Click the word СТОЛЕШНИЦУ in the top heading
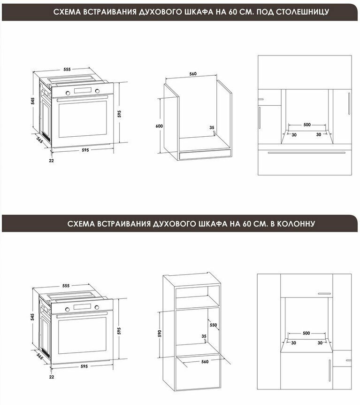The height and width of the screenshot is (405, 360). (303, 12)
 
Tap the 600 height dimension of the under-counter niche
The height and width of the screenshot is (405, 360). (159, 126)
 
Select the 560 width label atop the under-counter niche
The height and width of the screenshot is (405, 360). (193, 74)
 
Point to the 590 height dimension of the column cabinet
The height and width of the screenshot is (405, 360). (160, 334)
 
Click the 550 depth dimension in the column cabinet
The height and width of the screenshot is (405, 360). (214, 325)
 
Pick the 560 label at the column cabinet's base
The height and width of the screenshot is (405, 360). (205, 362)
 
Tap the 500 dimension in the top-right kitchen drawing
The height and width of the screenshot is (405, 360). (307, 125)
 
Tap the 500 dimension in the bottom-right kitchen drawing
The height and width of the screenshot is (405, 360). (306, 333)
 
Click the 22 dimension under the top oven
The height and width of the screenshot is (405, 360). (51, 160)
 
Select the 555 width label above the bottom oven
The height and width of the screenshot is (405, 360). (66, 286)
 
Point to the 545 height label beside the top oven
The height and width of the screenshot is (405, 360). (33, 101)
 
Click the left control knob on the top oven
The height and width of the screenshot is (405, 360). (68, 93)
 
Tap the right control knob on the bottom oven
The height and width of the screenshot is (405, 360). (97, 307)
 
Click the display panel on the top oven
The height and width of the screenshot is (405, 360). (83, 91)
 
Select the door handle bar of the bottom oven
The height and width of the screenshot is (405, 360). (82, 314)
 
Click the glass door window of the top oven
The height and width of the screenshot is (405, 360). (83, 119)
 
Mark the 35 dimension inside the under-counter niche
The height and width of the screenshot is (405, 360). (212, 127)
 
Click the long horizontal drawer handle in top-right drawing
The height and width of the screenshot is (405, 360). (306, 153)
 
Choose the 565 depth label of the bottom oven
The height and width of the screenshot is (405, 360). (39, 357)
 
